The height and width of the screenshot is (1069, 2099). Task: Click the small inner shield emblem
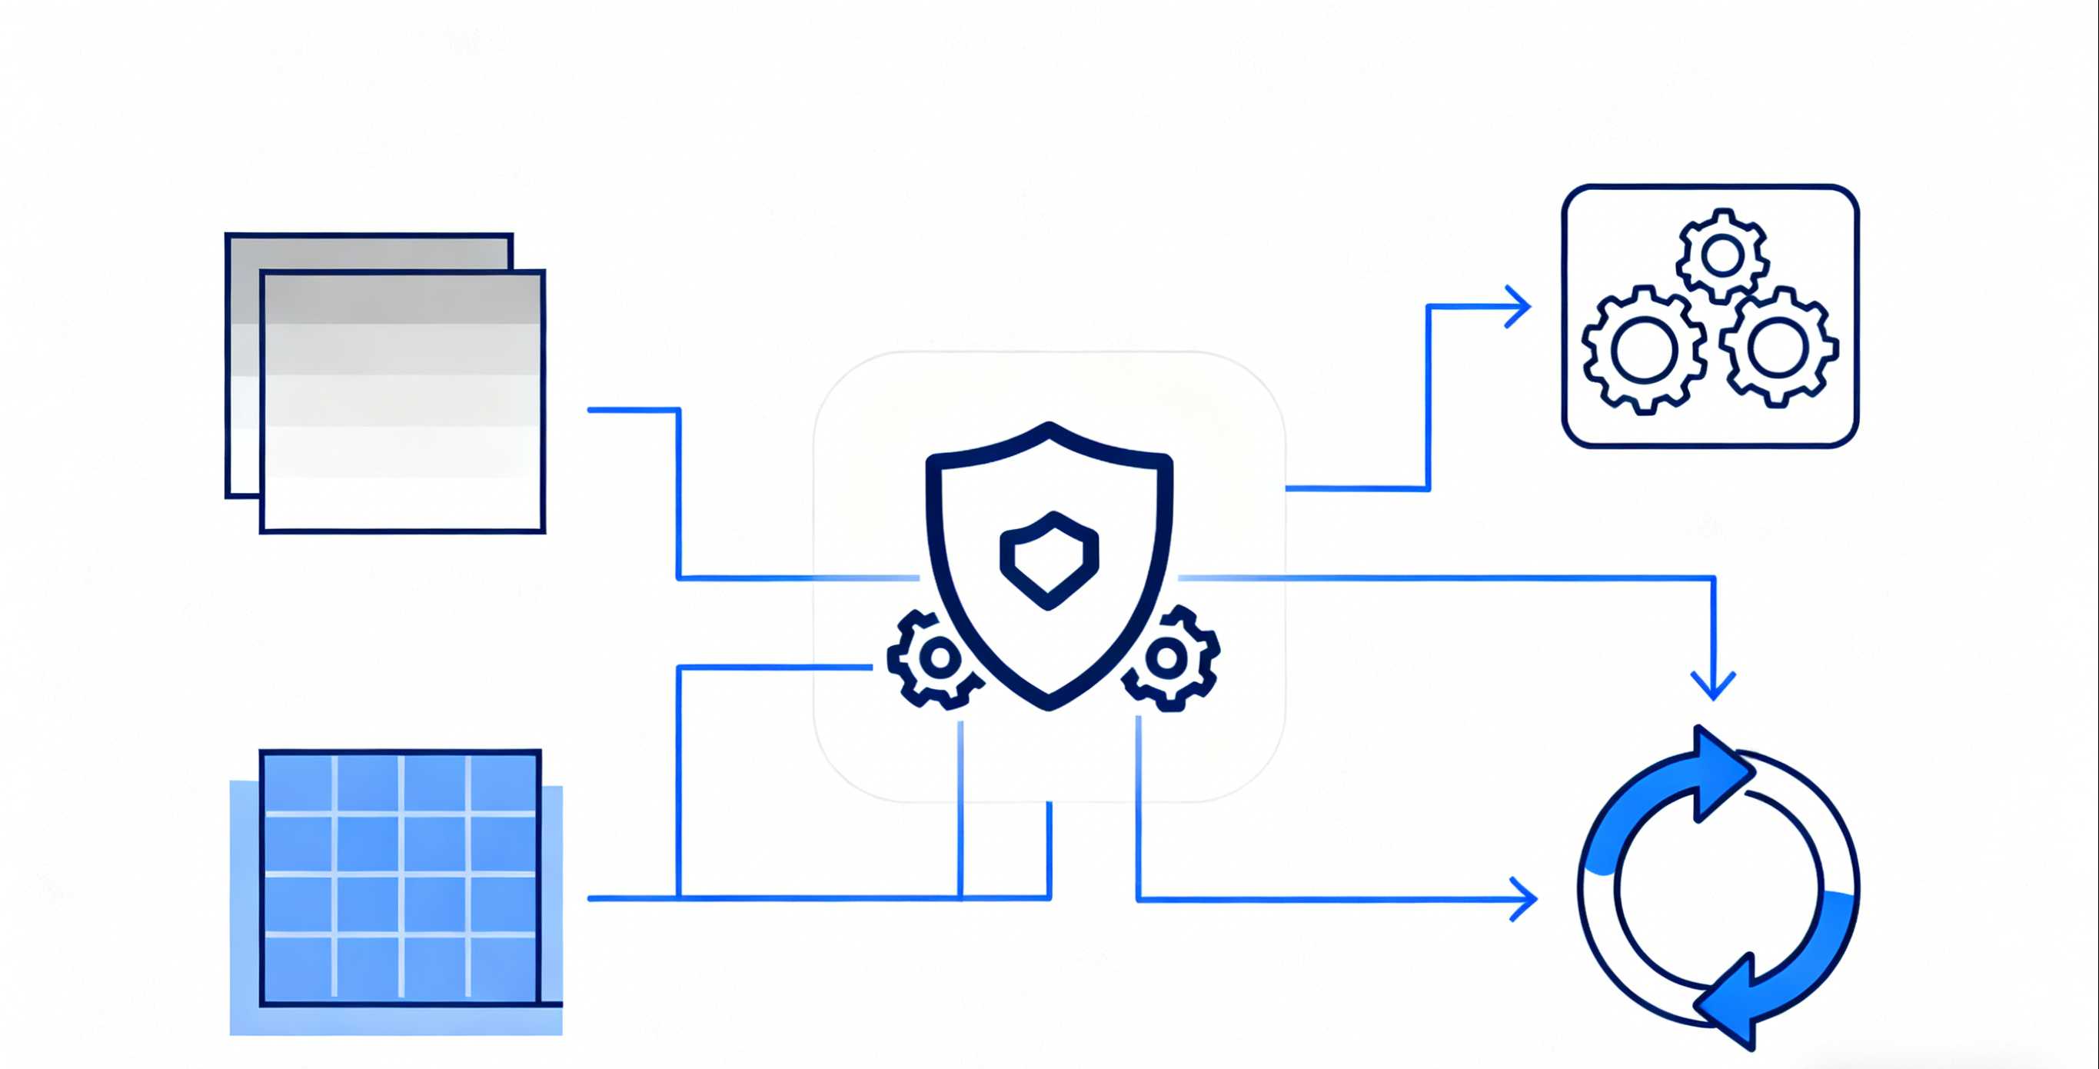(1049, 560)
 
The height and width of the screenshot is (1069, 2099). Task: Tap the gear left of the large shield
(937, 659)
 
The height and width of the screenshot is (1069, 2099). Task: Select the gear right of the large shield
(1169, 658)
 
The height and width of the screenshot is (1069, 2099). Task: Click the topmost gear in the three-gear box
(1721, 256)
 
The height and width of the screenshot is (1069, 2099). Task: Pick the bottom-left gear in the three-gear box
(1644, 351)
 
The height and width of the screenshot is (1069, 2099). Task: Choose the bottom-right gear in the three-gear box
(1779, 346)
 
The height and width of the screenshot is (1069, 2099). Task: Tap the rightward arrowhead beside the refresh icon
(1525, 899)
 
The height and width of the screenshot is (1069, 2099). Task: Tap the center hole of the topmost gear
(1721, 256)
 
